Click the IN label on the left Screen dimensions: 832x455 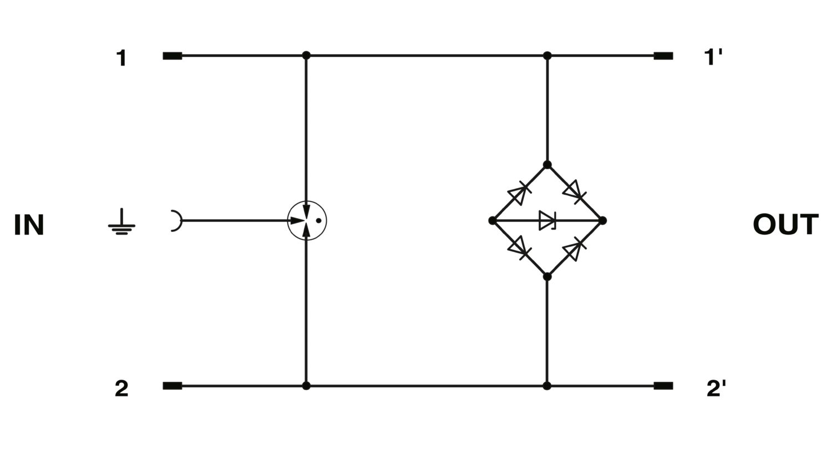[x=29, y=225]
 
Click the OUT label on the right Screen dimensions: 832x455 [x=786, y=224]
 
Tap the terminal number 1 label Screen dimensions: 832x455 [x=121, y=58]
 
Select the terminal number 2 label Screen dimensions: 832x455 [x=121, y=388]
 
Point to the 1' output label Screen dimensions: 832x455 [x=713, y=57]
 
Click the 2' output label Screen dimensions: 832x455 [x=716, y=388]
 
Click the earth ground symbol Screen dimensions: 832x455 [x=122, y=222]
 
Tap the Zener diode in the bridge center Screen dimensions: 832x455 [x=547, y=221]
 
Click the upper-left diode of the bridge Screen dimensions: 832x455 [x=519, y=193]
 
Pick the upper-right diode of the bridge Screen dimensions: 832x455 [x=575, y=192]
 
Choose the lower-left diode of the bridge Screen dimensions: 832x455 [x=519, y=248]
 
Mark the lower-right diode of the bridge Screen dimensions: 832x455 [x=574, y=249]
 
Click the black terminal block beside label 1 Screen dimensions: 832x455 [x=173, y=56]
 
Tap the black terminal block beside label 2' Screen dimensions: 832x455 [x=663, y=386]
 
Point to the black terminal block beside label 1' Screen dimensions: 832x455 [x=663, y=56]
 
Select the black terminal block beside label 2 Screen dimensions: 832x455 [x=173, y=386]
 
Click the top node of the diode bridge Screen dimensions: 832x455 [x=547, y=165]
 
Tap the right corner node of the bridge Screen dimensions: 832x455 [x=602, y=221]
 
